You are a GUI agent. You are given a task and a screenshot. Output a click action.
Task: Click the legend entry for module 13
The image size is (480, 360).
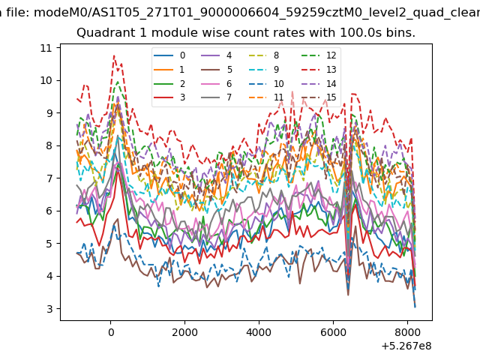[x=319, y=70]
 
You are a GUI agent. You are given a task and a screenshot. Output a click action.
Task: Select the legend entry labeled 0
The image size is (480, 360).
[x=169, y=55]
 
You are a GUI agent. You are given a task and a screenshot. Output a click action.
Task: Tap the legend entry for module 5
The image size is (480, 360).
[x=217, y=70]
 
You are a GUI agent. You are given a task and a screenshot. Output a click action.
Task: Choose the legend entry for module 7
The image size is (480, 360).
[x=217, y=97]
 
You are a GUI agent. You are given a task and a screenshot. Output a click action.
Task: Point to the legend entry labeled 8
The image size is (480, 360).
[x=264, y=55]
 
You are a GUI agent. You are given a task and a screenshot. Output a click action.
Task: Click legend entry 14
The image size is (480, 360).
[x=319, y=83]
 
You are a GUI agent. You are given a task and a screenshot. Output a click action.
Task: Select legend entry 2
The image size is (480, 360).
[x=169, y=83]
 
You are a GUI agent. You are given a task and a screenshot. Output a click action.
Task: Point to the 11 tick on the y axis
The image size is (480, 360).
[x=46, y=48]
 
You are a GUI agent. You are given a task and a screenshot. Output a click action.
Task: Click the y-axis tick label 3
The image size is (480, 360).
[x=50, y=309]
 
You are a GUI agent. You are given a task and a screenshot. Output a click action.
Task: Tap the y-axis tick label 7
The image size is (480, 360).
[x=50, y=178]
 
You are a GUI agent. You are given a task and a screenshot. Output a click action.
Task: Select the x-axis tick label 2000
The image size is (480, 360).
[x=184, y=332]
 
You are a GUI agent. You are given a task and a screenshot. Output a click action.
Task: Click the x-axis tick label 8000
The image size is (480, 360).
[x=407, y=332]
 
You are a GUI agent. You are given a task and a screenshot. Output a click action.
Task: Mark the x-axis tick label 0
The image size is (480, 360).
[x=111, y=332]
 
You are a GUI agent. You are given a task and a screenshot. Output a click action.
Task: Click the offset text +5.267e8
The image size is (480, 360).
[x=406, y=346]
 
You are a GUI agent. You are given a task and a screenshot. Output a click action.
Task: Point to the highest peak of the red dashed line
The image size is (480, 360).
[x=114, y=55]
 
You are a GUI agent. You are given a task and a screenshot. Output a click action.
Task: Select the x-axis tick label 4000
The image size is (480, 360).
[x=259, y=332]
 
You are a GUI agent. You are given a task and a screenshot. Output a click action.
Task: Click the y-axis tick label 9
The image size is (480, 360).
[x=50, y=113]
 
